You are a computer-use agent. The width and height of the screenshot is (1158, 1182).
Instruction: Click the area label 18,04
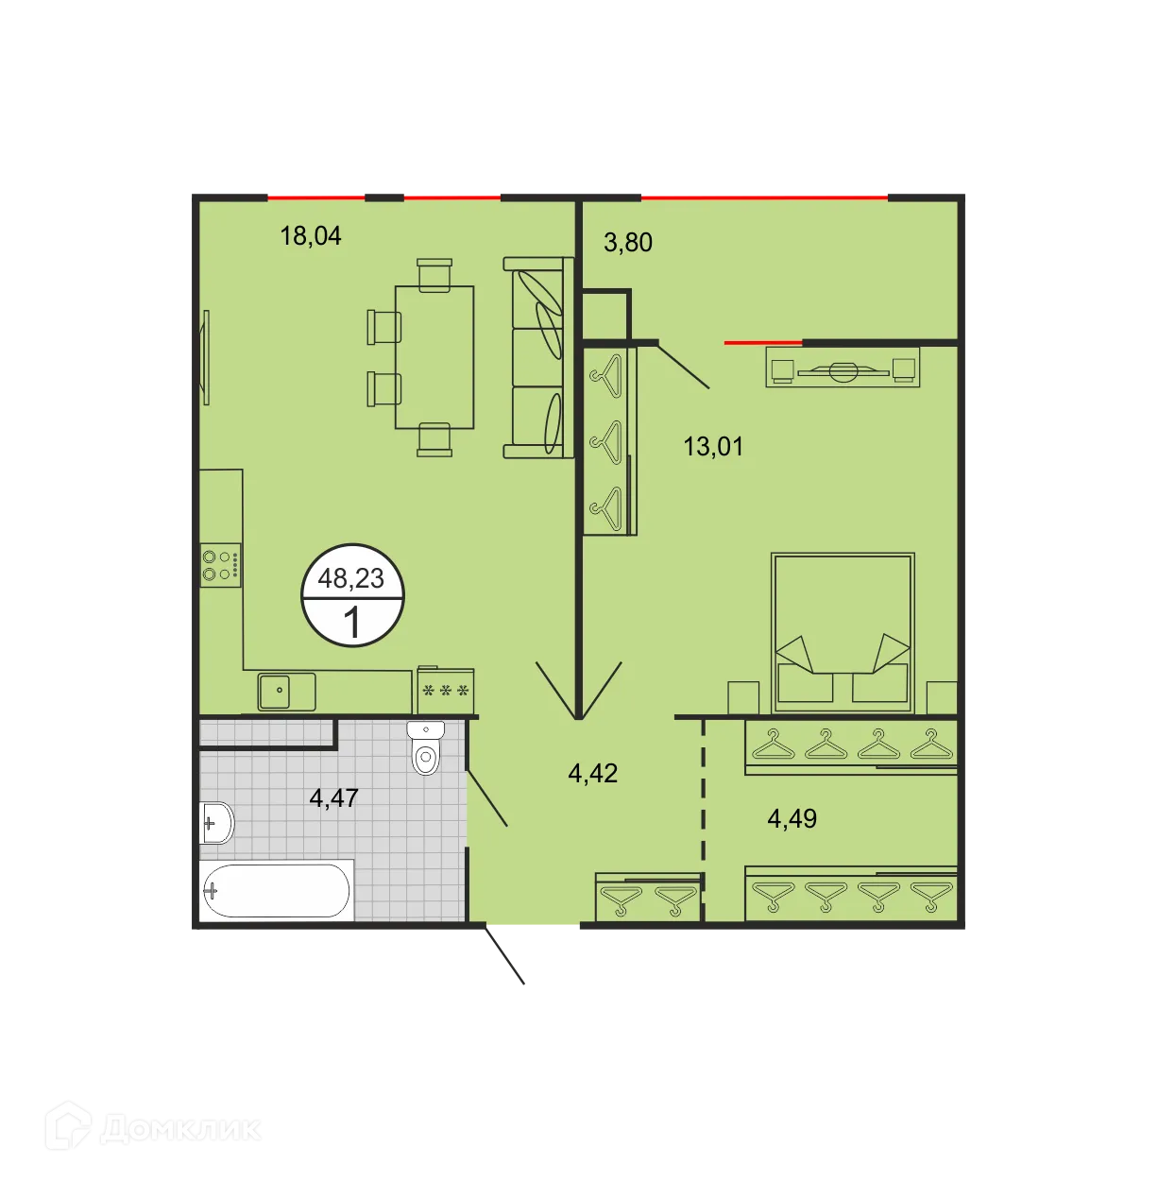pyautogui.click(x=310, y=235)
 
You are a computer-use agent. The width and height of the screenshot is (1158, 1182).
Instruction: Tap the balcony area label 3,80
pyautogui.click(x=628, y=243)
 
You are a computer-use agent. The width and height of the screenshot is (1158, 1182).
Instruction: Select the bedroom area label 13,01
pyautogui.click(x=713, y=446)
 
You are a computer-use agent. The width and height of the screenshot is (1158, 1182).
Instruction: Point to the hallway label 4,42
pyautogui.click(x=592, y=774)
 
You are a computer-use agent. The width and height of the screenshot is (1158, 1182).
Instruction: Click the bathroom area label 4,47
pyautogui.click(x=333, y=798)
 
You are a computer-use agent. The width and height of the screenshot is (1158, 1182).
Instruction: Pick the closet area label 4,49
pyautogui.click(x=792, y=818)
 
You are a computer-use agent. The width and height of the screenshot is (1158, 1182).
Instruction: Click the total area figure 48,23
pyautogui.click(x=351, y=577)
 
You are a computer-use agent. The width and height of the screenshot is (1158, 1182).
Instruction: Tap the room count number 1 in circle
pyautogui.click(x=352, y=624)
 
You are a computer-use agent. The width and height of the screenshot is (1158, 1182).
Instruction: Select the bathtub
pyautogui.click(x=276, y=890)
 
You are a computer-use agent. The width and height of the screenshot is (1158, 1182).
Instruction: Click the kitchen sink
pyautogui.click(x=286, y=691)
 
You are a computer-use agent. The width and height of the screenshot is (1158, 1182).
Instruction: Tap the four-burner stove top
pyautogui.click(x=220, y=565)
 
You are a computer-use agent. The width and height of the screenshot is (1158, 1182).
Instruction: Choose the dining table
pyautogui.click(x=434, y=357)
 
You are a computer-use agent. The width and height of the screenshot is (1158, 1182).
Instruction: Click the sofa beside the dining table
pyautogui.click(x=537, y=357)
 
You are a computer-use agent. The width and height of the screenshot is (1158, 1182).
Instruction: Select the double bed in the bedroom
pyautogui.click(x=843, y=632)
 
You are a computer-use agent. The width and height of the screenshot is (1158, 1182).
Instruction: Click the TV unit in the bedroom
pyautogui.click(x=843, y=368)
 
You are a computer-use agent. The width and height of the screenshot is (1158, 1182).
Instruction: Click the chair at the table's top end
pyautogui.click(x=434, y=275)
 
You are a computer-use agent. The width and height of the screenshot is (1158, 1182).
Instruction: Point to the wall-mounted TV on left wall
pyautogui.click(x=205, y=357)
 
